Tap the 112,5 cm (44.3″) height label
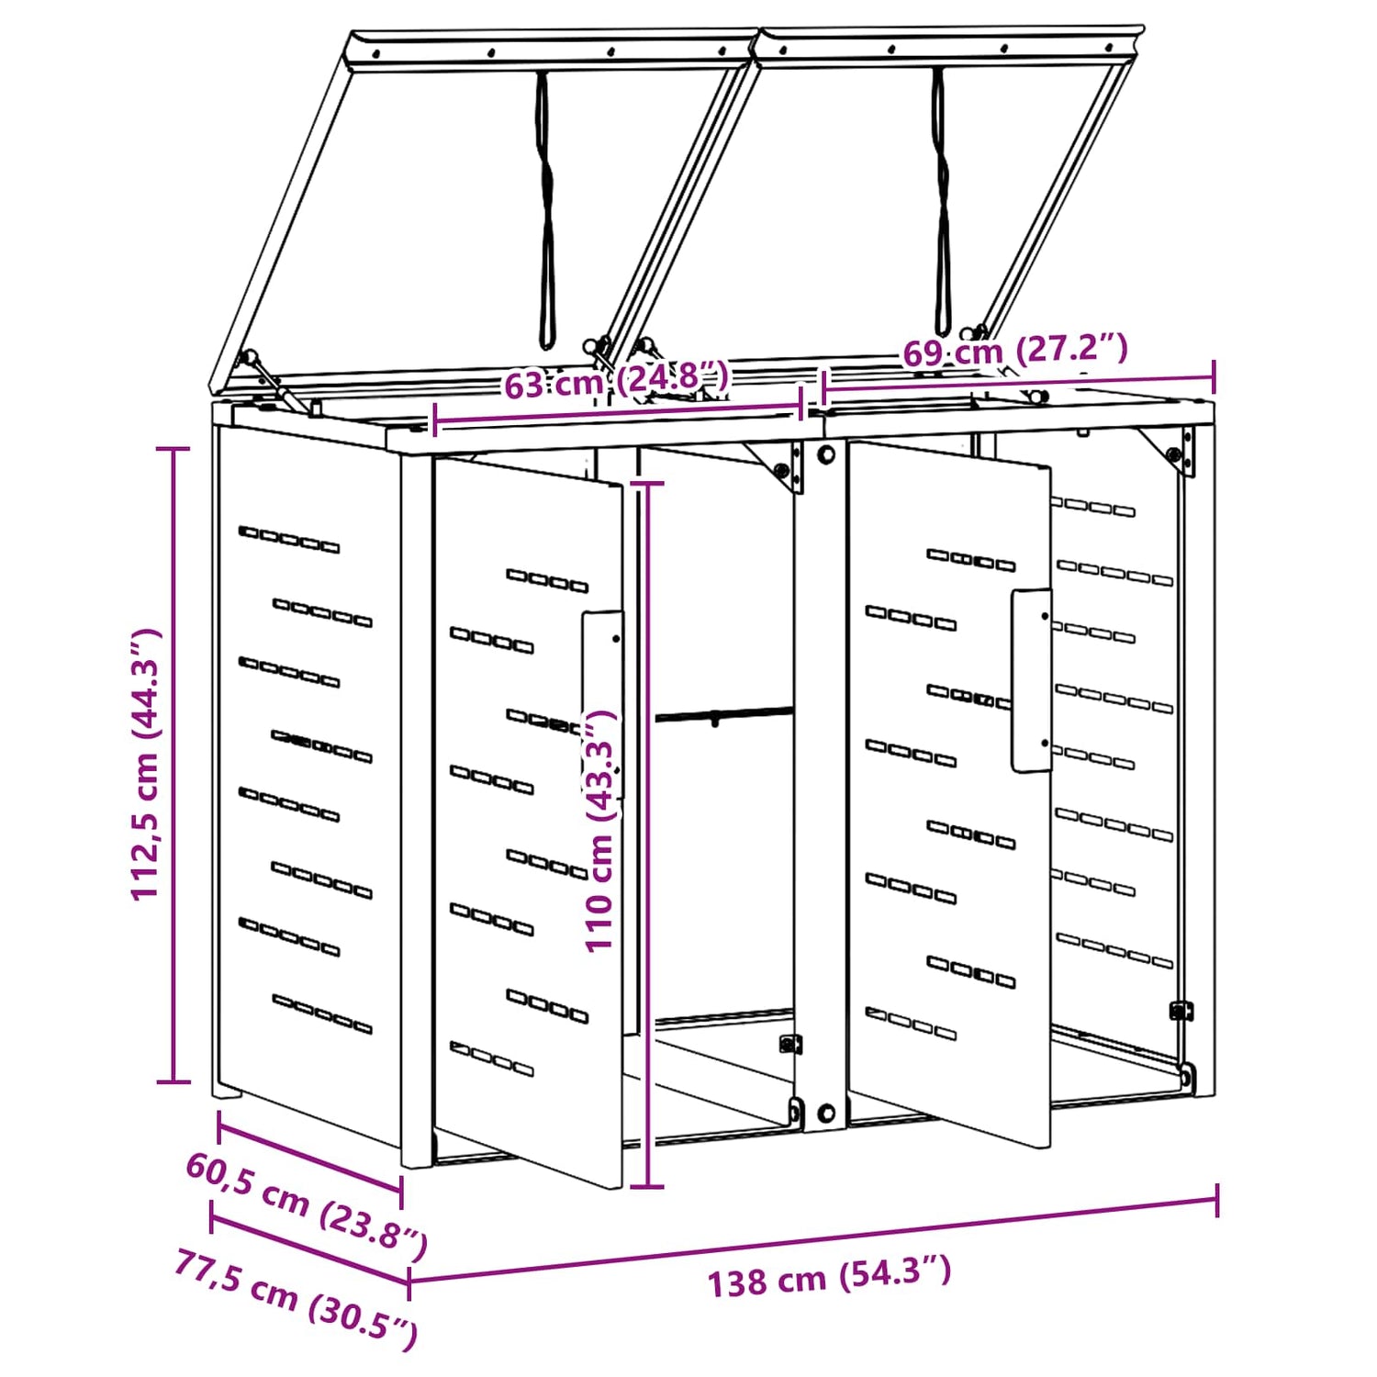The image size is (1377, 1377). point(146,765)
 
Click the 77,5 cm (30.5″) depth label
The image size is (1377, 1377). point(296,1299)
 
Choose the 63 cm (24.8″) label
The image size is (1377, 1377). point(617,379)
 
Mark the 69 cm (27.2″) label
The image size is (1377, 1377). point(1014,350)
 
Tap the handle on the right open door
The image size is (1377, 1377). point(1032,680)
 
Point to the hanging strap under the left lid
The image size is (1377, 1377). point(545,211)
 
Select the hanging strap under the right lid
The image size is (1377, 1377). point(941,202)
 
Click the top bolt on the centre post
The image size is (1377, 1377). point(825,454)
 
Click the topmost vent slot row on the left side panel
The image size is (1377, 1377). point(289,540)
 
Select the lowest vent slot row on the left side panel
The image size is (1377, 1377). point(322,1013)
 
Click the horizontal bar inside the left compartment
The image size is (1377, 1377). point(723,713)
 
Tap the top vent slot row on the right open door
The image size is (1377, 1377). point(970,560)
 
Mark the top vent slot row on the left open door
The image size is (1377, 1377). point(547,580)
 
